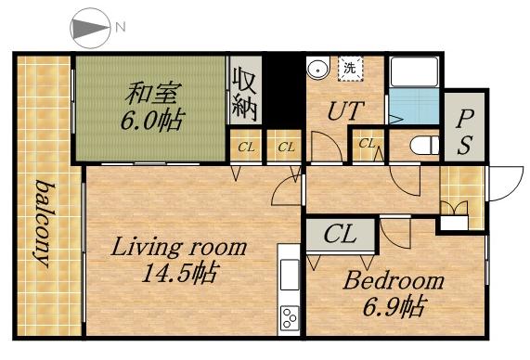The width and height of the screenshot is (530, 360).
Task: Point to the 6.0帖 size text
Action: [x=149, y=120]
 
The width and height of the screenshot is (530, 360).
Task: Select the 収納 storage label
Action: [x=245, y=91]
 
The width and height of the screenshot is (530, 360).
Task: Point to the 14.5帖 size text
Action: [x=180, y=275]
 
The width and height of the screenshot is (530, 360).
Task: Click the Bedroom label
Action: [x=394, y=280]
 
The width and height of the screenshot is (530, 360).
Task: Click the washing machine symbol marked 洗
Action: [x=349, y=67]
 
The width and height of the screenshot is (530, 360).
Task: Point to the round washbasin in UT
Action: [x=318, y=68]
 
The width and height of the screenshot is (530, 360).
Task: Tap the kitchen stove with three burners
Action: [x=290, y=316]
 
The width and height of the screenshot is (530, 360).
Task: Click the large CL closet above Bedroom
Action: [x=340, y=235]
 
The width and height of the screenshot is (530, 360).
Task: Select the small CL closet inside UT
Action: [x=367, y=144]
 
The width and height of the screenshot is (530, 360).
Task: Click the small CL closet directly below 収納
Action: [x=246, y=147]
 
